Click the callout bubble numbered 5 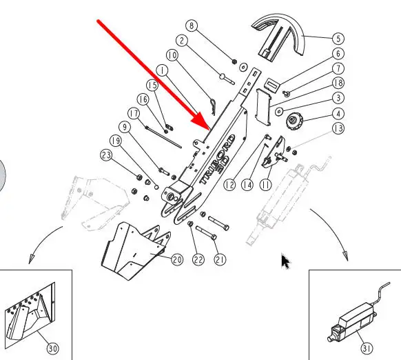pos(338,39)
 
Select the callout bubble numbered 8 pos(192,26)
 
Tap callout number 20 pos(177,259)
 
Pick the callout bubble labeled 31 pos(367,348)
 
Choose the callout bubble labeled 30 pos(52,348)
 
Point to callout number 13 pos(338,128)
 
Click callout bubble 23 pos(106,155)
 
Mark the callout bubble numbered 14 pos(247,185)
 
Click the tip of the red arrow pos(210,129)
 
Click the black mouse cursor pos(285,261)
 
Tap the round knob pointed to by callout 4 pos(295,121)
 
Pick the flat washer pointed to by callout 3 pos(279,112)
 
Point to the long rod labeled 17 pos(163,137)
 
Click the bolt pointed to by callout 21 pos(206,232)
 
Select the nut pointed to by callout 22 pos(190,224)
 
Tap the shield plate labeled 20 pos(134,251)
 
